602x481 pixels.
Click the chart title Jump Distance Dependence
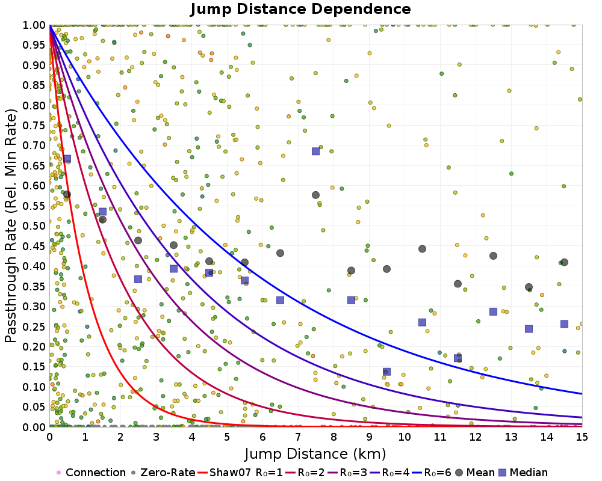point(301,9)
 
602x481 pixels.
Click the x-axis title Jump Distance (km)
point(315,453)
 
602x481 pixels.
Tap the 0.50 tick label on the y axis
point(34,225)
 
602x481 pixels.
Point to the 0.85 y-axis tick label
point(34,85)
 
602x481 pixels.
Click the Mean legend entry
point(476,473)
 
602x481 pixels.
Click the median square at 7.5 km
point(315,151)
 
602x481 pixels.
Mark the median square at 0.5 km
point(67,159)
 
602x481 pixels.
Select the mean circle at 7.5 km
point(315,195)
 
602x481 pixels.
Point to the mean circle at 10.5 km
point(422,249)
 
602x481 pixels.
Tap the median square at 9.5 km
point(386,372)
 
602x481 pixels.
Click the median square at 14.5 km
point(564,323)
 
